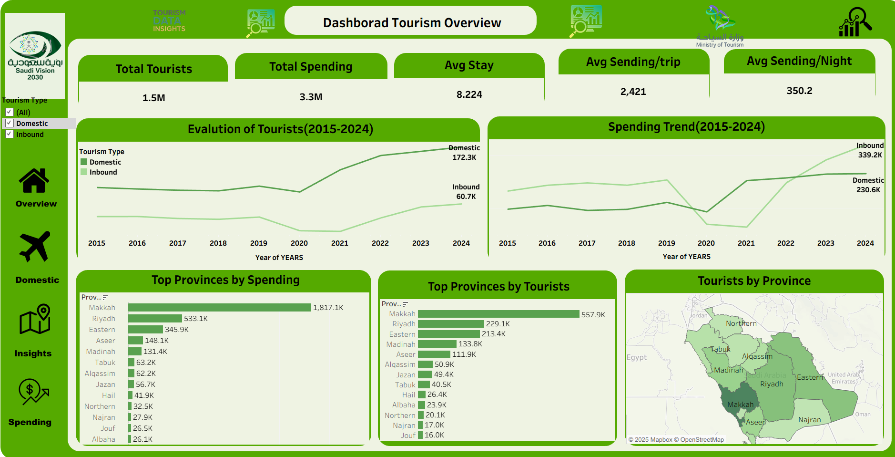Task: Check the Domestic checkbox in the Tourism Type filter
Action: pos(10,123)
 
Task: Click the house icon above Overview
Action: pos(34,181)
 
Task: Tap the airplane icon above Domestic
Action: pos(34,247)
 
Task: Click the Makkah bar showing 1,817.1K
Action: pos(219,308)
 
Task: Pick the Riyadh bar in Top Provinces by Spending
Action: pos(155,319)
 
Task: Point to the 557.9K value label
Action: pos(593,315)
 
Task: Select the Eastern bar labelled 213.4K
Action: pos(448,334)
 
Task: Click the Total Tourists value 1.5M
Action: pos(153,98)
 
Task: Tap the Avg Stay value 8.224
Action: pos(469,94)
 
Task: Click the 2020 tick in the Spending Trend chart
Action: pos(706,243)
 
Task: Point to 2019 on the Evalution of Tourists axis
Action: pos(258,243)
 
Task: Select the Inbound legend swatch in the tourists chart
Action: pos(84,172)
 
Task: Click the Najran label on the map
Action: pos(809,420)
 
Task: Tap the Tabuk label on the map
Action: pos(720,349)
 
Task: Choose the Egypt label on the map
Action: pos(636,357)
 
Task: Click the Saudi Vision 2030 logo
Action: pos(35,55)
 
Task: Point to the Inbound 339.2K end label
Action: pos(870,150)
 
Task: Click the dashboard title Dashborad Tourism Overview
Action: pos(411,22)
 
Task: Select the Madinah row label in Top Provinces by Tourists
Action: pos(401,344)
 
